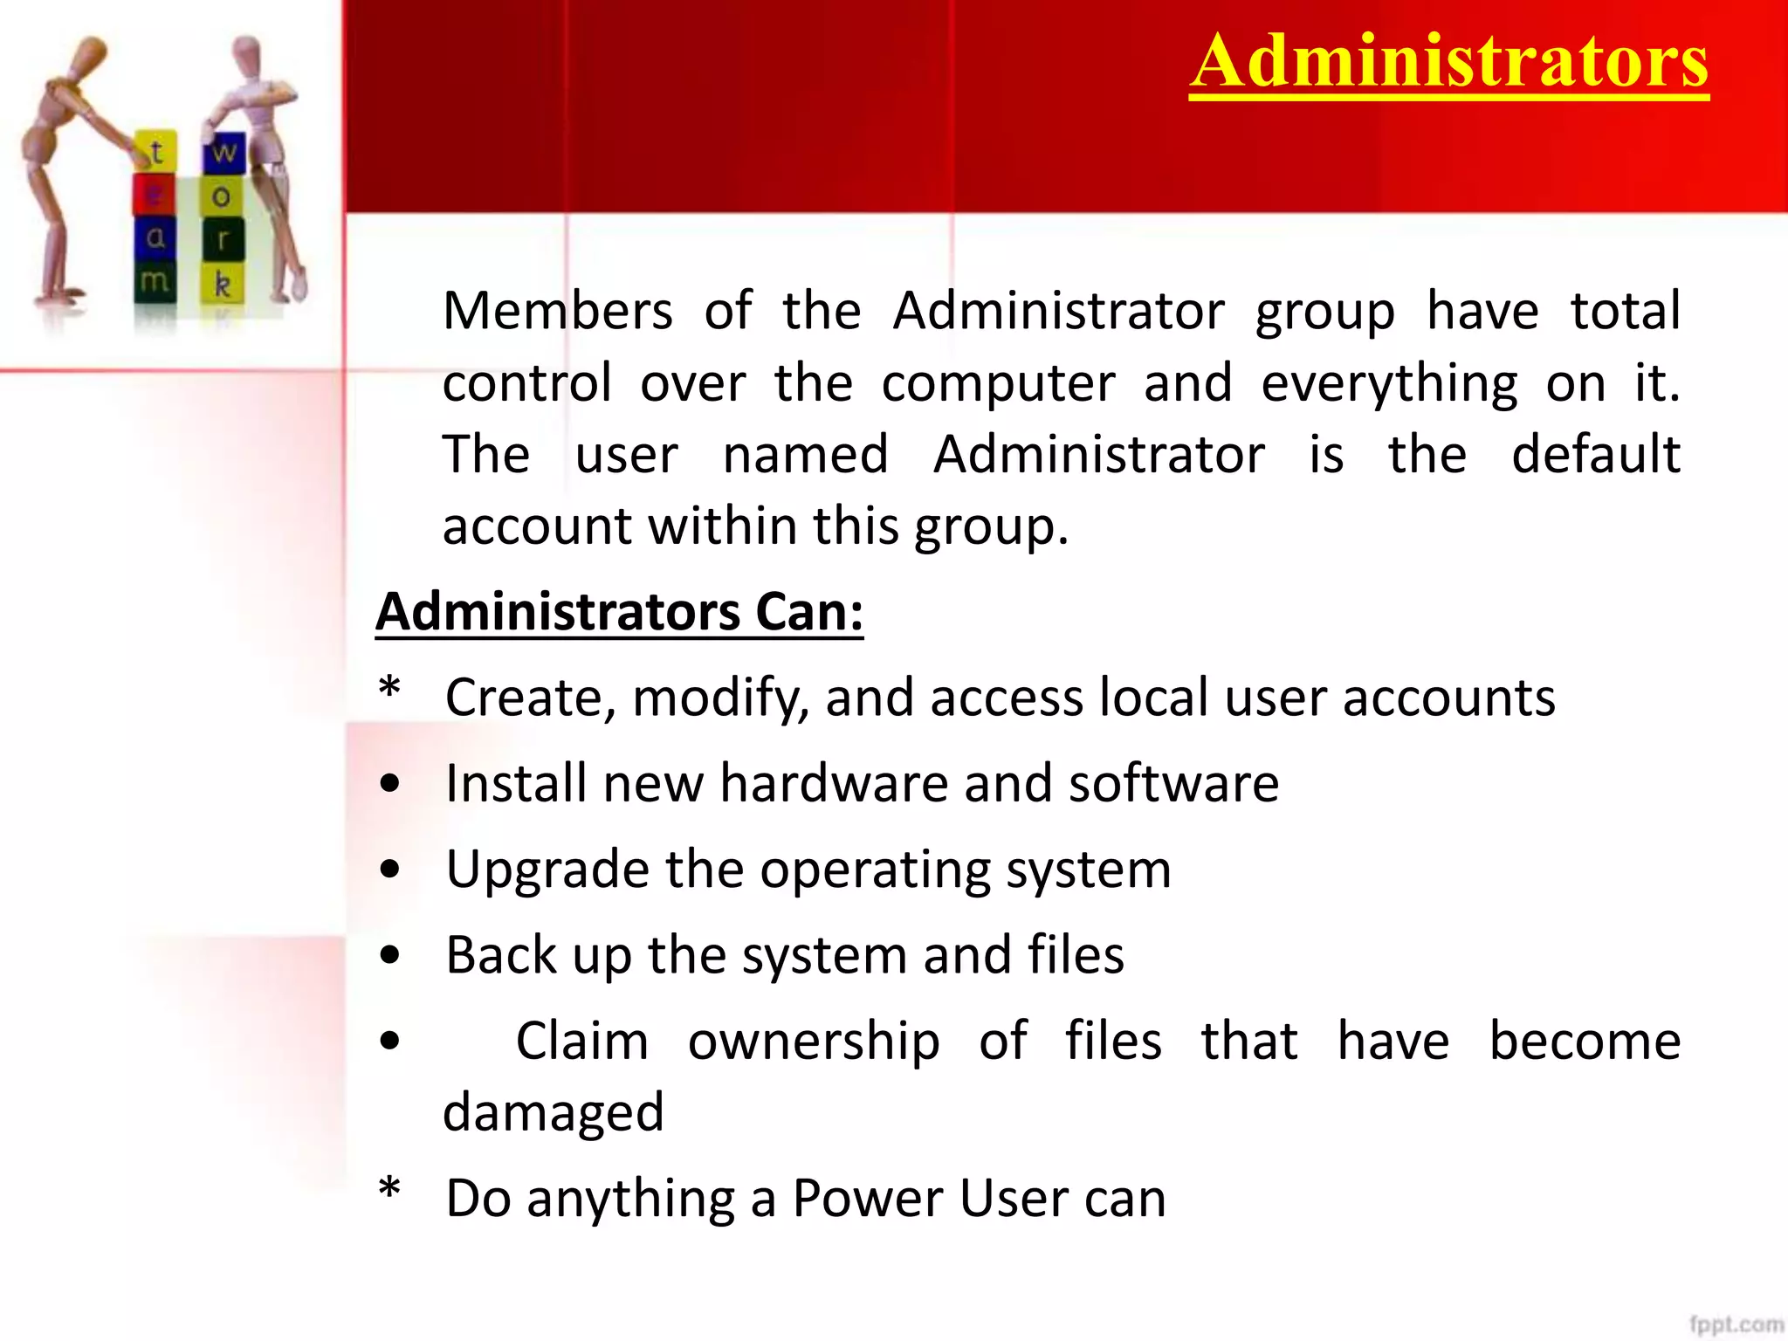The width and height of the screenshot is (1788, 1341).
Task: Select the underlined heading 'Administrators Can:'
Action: click(x=619, y=612)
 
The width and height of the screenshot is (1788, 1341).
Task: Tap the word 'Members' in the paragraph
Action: click(x=558, y=311)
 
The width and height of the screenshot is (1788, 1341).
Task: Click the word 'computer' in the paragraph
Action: click(x=998, y=384)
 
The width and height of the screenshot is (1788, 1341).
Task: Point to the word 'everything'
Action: click(x=1389, y=384)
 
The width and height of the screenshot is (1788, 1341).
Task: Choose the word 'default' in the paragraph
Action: click(x=1596, y=455)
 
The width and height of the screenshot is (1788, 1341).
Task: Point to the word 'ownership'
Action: click(x=814, y=1042)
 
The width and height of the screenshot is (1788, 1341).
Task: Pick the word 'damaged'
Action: click(x=554, y=1113)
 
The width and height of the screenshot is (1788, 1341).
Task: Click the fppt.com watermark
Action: click(x=1736, y=1324)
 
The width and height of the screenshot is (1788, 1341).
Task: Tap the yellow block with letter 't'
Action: click(x=156, y=152)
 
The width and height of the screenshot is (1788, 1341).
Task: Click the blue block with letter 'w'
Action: click(x=223, y=152)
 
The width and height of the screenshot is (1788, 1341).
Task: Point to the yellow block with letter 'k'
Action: click(x=223, y=285)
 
